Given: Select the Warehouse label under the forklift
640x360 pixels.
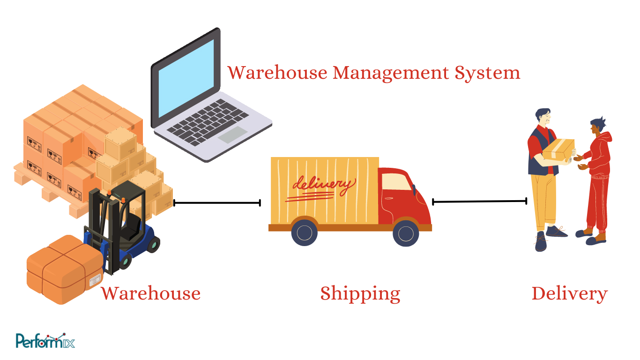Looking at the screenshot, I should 151,293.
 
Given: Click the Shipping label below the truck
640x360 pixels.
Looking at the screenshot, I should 360,293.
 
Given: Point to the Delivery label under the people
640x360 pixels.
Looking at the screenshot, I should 569,293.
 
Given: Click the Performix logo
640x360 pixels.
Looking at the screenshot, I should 45,341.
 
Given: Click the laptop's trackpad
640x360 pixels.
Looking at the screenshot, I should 232,134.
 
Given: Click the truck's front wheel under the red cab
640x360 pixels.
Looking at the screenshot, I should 406,233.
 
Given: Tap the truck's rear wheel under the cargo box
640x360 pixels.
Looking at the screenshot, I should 305,233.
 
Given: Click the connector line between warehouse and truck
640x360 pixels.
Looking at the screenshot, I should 216,203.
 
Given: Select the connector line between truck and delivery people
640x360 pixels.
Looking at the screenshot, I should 479,202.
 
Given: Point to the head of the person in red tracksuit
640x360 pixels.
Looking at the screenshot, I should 597,127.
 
